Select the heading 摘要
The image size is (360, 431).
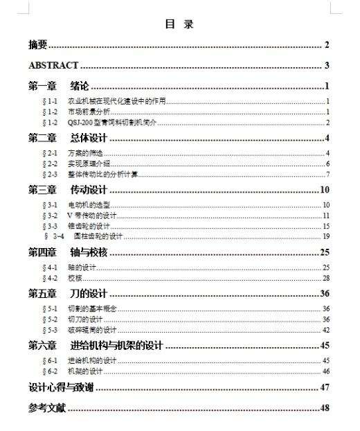click(37, 45)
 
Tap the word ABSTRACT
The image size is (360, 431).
click(53, 67)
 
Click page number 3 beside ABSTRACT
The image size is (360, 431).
click(326, 67)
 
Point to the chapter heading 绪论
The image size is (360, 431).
click(80, 87)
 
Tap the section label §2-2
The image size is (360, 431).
click(50, 164)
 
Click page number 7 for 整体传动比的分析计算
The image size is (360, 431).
click(327, 174)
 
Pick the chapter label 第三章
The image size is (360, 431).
click(42, 190)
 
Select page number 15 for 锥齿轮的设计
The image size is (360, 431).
click(325, 226)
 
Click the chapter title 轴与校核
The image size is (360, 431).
click(89, 252)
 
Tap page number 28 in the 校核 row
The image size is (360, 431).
click(325, 278)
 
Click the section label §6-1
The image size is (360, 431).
click(50, 361)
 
